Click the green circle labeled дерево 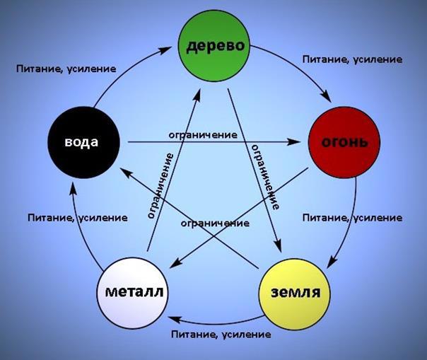point(216,47)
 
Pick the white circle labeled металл point(135,291)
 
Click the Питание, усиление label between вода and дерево point(65,69)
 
